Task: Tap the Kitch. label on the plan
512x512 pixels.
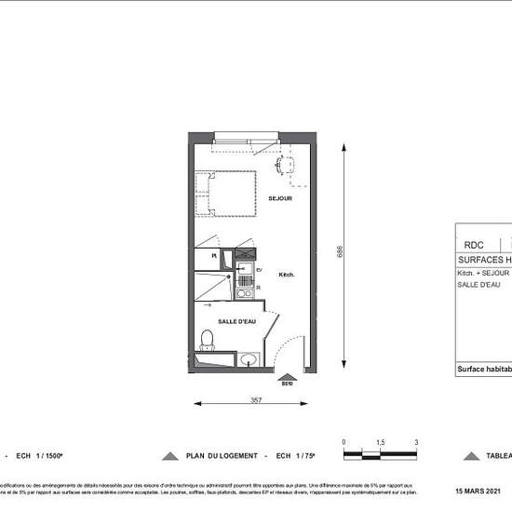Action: (287, 275)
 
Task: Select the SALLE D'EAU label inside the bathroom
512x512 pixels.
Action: (236, 321)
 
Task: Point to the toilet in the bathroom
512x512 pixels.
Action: (209, 340)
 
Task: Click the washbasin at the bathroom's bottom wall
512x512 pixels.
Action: (249, 359)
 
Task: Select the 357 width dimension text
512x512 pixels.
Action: (255, 401)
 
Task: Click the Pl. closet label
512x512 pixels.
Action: (213, 254)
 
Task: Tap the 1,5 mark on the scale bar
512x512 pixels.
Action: (380, 443)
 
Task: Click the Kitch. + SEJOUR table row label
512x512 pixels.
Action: (483, 274)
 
